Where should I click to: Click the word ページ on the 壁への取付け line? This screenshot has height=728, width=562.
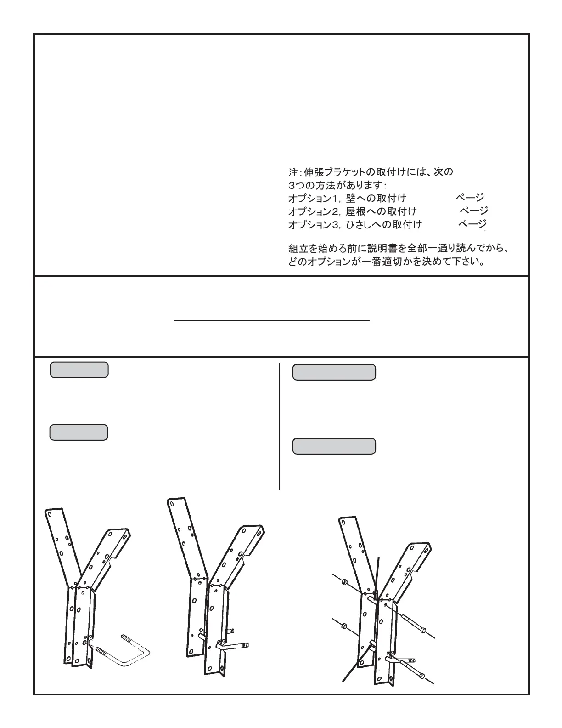(x=470, y=198)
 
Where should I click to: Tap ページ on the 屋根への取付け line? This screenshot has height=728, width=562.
(x=474, y=211)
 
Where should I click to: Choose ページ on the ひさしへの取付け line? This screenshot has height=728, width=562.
(x=472, y=224)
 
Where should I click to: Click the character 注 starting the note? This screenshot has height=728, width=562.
(x=293, y=172)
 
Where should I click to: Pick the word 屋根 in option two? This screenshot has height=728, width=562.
(x=356, y=211)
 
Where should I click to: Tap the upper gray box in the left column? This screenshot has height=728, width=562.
(x=79, y=370)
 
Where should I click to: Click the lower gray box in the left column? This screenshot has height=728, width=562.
(x=79, y=432)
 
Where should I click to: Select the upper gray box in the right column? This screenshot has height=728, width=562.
(x=334, y=372)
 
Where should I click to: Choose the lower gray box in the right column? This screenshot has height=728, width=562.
(x=334, y=446)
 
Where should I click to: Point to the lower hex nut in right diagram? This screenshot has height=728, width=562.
(x=344, y=625)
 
